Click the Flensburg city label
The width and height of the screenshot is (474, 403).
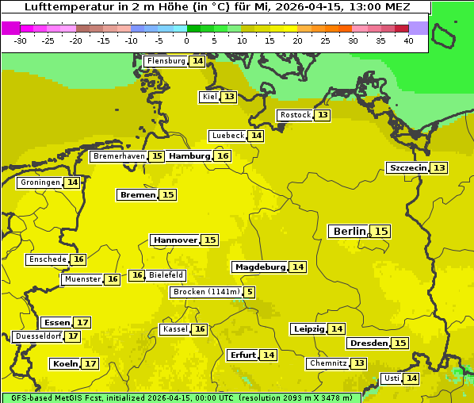166,61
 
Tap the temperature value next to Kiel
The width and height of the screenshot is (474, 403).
229,97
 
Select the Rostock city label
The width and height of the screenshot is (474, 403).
295,115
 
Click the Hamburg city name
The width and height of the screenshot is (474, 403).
189,156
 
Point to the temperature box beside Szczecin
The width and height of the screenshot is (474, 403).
439,167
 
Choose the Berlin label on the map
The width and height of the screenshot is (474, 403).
349,231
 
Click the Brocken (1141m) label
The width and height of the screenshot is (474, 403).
205,292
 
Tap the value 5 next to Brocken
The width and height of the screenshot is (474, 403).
250,292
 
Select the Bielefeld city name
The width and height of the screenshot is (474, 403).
166,275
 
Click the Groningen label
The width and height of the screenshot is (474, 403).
40,182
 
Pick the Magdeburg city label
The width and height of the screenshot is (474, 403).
259,267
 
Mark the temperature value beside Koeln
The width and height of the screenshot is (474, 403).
90,364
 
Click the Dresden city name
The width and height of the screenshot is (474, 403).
368,344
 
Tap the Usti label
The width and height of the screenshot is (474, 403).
391,378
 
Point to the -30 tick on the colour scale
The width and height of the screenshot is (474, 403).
21,40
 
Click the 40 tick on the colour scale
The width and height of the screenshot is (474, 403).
408,40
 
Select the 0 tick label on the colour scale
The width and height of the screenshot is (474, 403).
186,40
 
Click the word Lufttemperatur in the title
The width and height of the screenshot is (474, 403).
59,6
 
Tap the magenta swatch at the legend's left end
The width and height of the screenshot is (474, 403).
10,28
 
